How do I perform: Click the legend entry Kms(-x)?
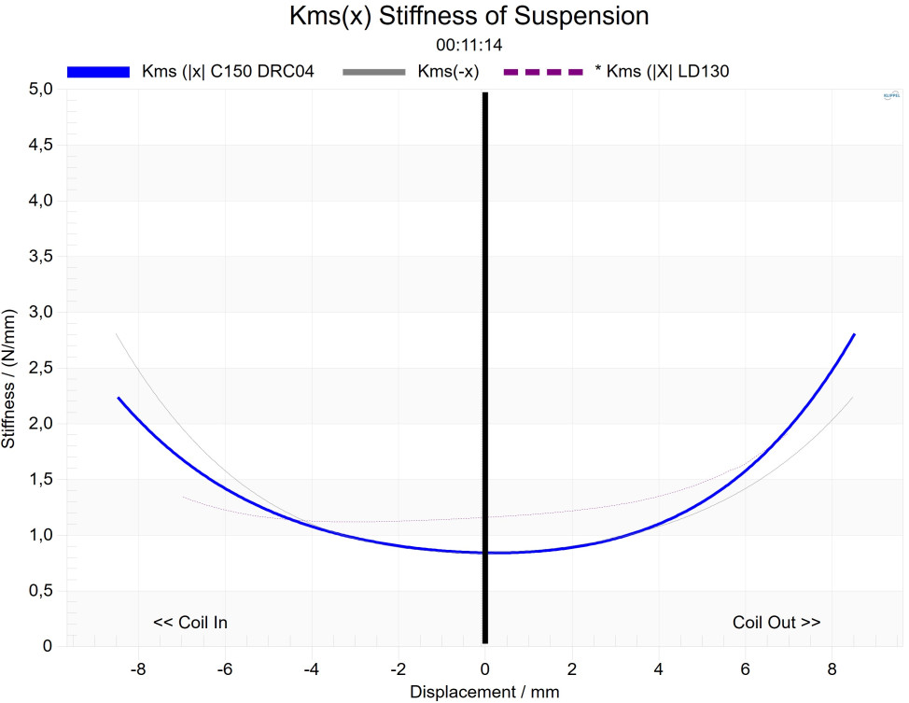[449, 72]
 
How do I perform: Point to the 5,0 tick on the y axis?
[40, 90]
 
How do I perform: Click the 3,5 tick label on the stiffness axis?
[40, 257]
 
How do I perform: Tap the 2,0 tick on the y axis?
[40, 424]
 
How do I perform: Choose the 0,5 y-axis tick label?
[40, 591]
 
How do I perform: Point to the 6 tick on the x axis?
[746, 668]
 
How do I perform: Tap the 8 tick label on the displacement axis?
[832, 668]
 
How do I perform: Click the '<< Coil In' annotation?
[190, 623]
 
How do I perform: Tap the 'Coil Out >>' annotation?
[776, 623]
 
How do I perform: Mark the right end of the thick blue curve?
[853, 334]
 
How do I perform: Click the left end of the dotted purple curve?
[184, 497]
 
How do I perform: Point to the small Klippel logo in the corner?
[889, 96]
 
